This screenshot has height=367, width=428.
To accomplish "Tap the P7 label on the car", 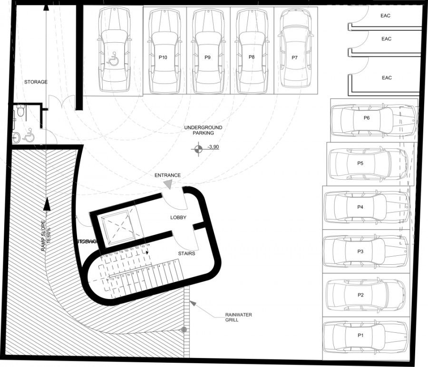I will tap(295, 58).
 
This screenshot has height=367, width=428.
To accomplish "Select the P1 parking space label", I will tap(360, 335).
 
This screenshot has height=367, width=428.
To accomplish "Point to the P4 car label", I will tap(360, 207).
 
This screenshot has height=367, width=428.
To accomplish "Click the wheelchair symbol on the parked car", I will tap(113, 60).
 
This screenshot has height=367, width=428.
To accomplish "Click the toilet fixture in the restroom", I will tap(19, 112).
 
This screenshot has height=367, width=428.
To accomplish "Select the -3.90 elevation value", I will tap(213, 147).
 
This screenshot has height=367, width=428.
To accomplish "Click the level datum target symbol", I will tap(196, 151).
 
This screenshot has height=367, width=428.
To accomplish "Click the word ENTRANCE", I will tap(167, 175).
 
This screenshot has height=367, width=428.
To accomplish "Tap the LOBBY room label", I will tap(178, 218).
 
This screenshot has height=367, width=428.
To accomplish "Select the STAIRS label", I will tap(186, 253).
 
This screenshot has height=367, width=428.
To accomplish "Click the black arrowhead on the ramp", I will tap(46, 203).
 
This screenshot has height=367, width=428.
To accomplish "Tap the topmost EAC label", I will tap(386, 16).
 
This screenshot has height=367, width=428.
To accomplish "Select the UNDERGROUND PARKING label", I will tap(203, 130).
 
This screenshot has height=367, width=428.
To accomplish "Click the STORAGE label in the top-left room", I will tap(36, 82).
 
